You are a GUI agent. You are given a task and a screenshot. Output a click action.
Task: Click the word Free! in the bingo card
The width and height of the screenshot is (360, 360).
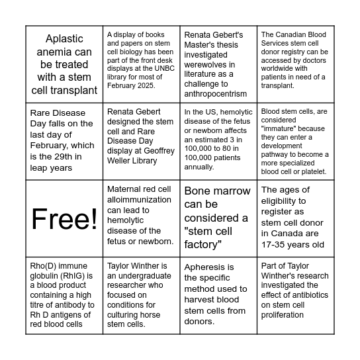[x=64, y=218]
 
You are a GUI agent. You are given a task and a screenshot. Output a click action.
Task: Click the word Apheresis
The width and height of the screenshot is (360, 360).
[x=208, y=267]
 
